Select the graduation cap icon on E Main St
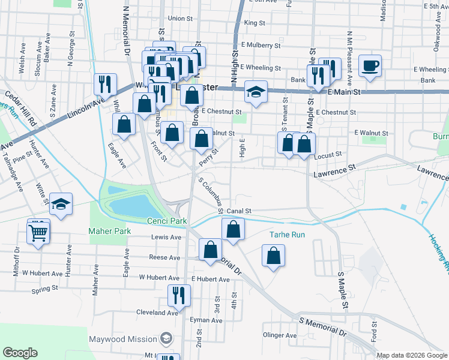(x=256, y=92)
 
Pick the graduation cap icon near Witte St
(x=61, y=205)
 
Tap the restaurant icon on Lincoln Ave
(x=106, y=84)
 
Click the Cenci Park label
(x=167, y=221)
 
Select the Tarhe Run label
(x=287, y=235)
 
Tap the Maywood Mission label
(x=123, y=339)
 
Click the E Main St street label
(x=344, y=92)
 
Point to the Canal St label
(x=238, y=211)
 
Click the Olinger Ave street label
(x=280, y=335)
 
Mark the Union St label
(x=180, y=19)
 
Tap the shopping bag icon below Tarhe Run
(x=273, y=256)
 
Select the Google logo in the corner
(x=20, y=352)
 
